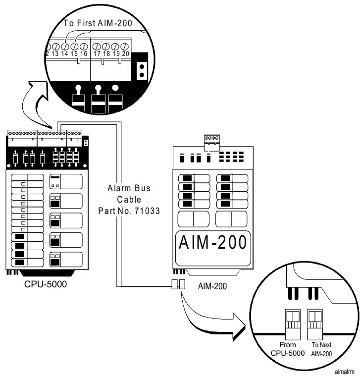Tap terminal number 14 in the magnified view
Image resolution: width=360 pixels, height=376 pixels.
tap(64, 53)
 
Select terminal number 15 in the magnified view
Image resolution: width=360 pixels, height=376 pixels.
tap(74, 53)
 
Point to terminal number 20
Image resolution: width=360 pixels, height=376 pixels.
tap(125, 53)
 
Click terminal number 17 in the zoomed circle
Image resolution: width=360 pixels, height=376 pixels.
tap(97, 53)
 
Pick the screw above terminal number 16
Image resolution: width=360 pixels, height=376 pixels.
tap(83, 46)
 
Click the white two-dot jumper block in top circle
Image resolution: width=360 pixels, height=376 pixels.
tap(142, 70)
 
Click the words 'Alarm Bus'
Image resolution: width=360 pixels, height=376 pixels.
tap(129, 188)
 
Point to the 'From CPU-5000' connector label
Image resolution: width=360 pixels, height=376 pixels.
tap(288, 349)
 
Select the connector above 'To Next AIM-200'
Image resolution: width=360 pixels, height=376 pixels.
tap(315, 319)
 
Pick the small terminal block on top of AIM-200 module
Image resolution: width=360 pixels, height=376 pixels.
tap(211, 142)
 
